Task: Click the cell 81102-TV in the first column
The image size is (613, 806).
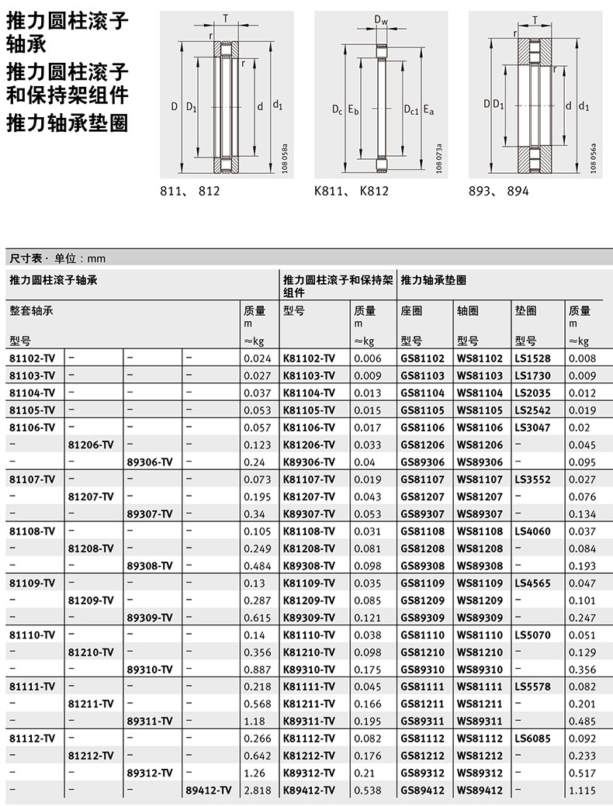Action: pyautogui.click(x=33, y=358)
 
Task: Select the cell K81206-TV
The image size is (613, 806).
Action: pyautogui.click(x=309, y=445)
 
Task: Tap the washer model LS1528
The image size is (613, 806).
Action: pyautogui.click(x=532, y=358)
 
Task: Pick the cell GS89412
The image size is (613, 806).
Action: pyautogui.click(x=423, y=790)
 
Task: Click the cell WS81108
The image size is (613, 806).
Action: pyautogui.click(x=480, y=531)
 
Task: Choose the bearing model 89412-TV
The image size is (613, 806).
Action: pyautogui.click(x=208, y=790)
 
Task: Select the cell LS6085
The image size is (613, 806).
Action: pyautogui.click(x=532, y=739)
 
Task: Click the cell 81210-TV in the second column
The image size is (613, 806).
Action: pyautogui.click(x=92, y=652)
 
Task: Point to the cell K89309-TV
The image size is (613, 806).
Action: pyautogui.click(x=309, y=617)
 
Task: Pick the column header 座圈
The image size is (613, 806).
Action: pyautogui.click(x=412, y=311)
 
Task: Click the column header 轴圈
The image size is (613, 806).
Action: pyautogui.click(x=468, y=311)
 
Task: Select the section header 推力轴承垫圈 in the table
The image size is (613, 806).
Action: pyautogui.click(x=434, y=278)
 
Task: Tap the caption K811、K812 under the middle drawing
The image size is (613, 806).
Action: pyautogui.click(x=351, y=191)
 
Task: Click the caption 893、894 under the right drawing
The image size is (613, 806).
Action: pyautogui.click(x=499, y=191)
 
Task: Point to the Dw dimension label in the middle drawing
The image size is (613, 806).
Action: pyautogui.click(x=380, y=19)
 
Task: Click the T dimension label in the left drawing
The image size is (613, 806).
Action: pyautogui.click(x=226, y=19)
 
